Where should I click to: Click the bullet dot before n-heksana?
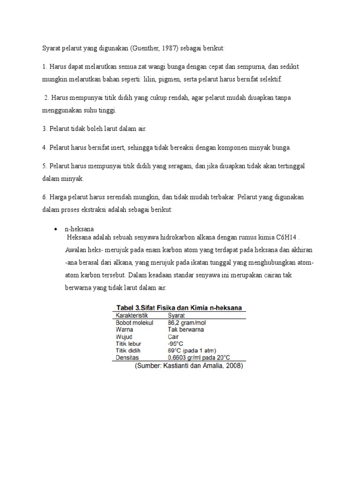(x=55, y=229)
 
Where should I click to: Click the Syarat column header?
(x=176, y=316)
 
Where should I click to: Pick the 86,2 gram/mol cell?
(x=187, y=323)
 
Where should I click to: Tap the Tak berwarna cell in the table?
(x=186, y=330)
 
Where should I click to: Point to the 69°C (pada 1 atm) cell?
(x=193, y=350)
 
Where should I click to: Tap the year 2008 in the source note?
(x=232, y=366)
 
